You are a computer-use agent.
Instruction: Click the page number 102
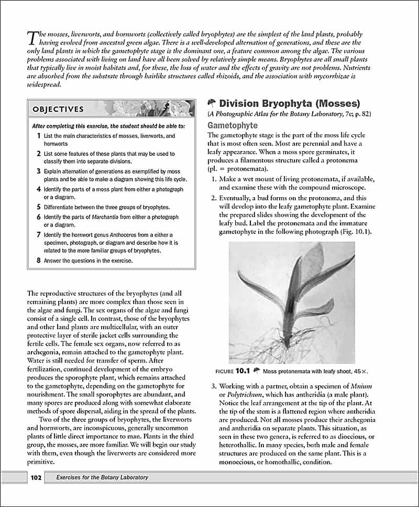pos(36,477)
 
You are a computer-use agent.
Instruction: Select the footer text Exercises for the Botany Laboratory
pos(102,477)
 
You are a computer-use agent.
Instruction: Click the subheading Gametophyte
pos(233,126)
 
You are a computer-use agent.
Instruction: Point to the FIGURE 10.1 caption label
pos(231,371)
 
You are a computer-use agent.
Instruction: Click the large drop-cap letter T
pos(31,37)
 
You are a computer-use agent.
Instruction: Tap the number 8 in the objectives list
pos(39,260)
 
